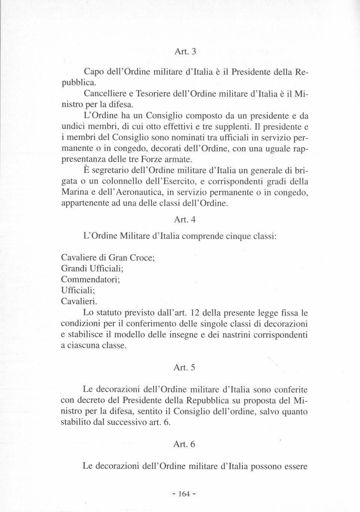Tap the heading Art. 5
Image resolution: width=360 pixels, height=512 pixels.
pos(185,368)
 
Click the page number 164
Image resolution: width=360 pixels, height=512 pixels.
pos(184,493)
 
